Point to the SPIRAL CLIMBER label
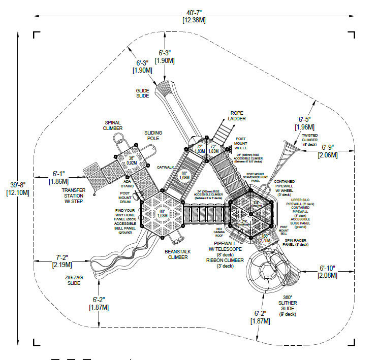pos(113,125)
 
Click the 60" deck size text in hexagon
pos(163,212)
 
